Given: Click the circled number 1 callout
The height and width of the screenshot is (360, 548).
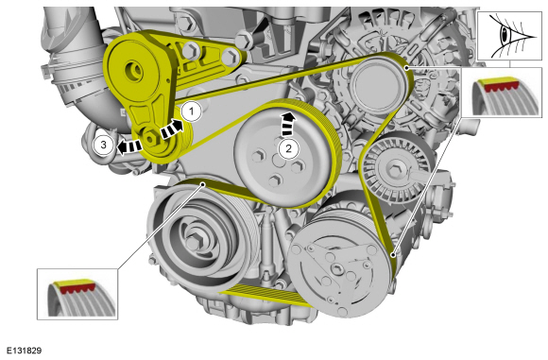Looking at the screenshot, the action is tap(191, 111).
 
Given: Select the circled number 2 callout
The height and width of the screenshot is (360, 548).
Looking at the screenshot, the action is tap(288, 148).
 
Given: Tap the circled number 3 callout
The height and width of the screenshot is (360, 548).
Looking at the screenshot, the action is tap(103, 145).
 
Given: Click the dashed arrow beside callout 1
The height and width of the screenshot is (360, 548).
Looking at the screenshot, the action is tap(172, 129).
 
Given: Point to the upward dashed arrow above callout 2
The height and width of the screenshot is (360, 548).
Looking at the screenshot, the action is tap(288, 124).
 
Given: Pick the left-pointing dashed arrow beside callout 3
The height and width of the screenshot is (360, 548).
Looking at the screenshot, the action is tap(128, 146).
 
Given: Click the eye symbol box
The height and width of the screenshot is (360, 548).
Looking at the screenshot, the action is tap(509, 36).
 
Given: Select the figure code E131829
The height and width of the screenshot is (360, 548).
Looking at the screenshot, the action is tap(25, 351).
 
